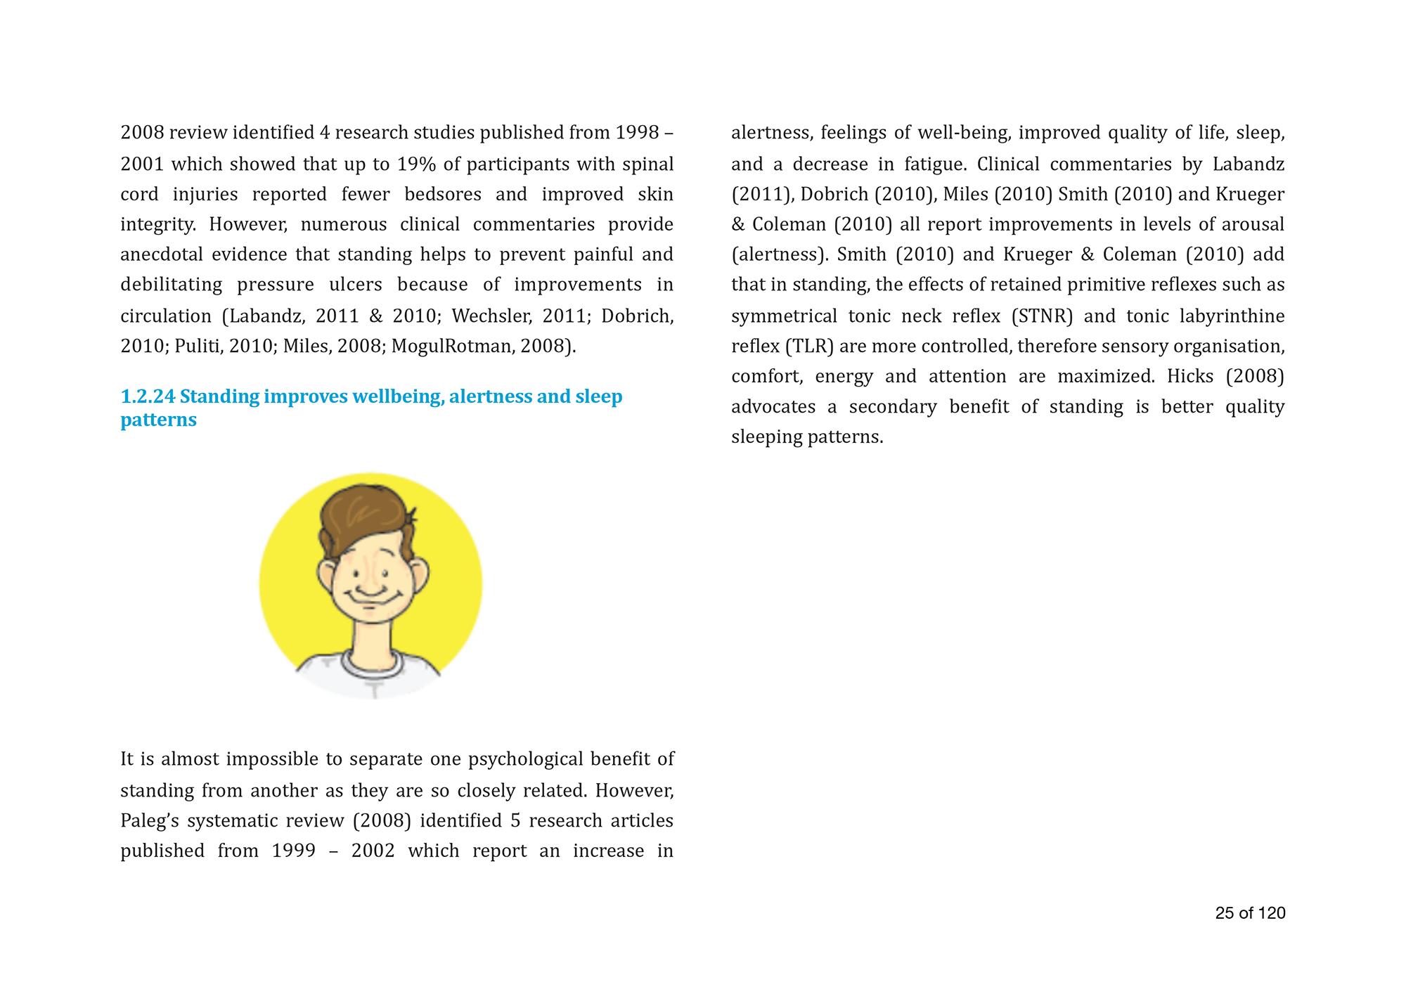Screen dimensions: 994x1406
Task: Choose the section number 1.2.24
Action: pos(147,396)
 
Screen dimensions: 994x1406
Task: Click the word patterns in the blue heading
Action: pos(158,420)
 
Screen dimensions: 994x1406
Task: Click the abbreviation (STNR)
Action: pos(1042,316)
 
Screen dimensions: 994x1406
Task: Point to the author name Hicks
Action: pos(1190,377)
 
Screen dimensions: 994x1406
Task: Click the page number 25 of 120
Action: pos(1250,913)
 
